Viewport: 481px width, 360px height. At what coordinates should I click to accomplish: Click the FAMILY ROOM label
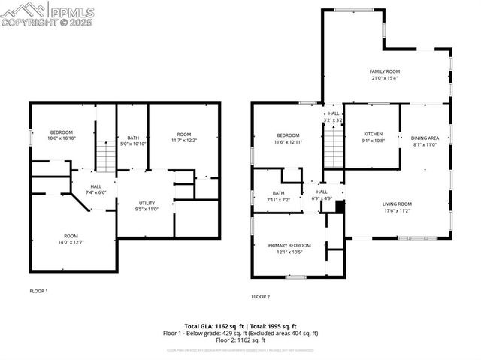tap(383, 71)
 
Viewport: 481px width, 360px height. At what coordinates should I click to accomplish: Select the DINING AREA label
tap(425, 138)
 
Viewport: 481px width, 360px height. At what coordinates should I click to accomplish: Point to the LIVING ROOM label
tap(397, 204)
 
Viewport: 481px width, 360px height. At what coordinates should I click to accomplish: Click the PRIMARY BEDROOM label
tap(289, 245)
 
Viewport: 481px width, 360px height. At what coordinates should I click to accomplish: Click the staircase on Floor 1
tap(106, 156)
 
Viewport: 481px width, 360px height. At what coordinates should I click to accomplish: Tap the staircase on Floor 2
tap(334, 147)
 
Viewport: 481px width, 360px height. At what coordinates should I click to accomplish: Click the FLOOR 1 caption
tap(38, 291)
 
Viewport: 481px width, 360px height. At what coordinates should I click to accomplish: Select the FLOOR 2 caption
tap(260, 296)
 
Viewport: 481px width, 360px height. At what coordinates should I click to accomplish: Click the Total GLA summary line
tap(240, 325)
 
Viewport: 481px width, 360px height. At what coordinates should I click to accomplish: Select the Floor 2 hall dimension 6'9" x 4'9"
tap(322, 198)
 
